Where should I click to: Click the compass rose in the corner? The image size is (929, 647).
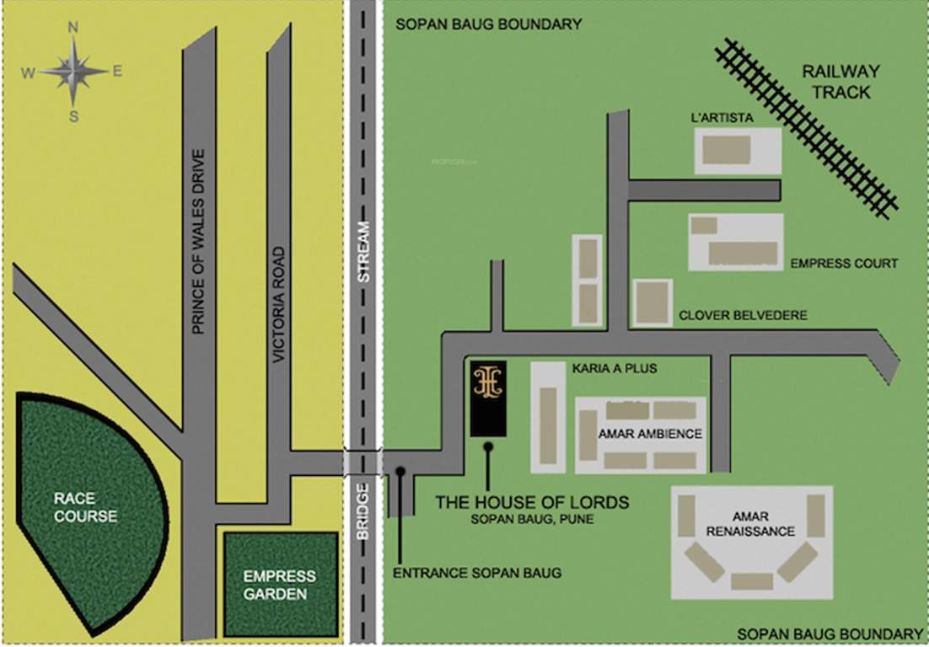(x=73, y=72)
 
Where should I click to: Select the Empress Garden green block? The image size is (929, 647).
(x=280, y=585)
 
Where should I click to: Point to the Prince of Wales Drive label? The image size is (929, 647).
(x=198, y=242)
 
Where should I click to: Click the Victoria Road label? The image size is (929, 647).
(x=282, y=305)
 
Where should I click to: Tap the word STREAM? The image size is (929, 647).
(x=363, y=250)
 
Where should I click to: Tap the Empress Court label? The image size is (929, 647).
(x=844, y=264)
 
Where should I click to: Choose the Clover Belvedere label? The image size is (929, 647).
(x=743, y=315)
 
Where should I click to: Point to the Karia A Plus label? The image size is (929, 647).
(x=614, y=368)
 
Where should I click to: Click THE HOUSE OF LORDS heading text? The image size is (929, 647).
(x=532, y=502)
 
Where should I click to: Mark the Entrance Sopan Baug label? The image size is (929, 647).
(x=477, y=573)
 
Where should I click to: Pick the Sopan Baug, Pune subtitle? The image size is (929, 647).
(x=532, y=520)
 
